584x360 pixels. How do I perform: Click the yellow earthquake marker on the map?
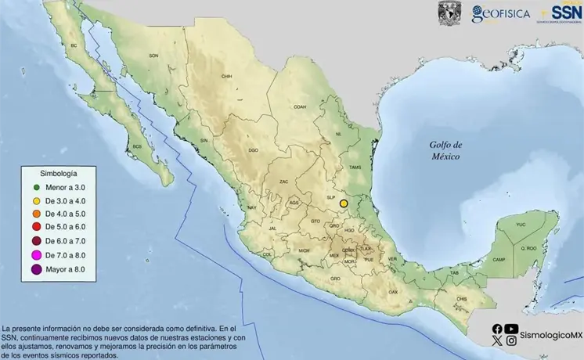coord(343,203)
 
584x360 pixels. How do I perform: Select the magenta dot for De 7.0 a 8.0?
coord(36,255)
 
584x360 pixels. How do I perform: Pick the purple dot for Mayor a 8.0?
coord(36,269)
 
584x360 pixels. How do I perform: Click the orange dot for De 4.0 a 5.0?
coord(36,214)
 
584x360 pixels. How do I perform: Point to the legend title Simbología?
coord(58,172)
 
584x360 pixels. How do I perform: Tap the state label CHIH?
coord(228,76)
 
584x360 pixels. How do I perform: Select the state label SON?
coord(153,56)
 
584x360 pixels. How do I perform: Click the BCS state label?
coord(138,146)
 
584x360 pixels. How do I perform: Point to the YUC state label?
coord(521,225)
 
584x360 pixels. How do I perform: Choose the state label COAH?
coord(299,107)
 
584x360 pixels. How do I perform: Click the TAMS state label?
coord(355,167)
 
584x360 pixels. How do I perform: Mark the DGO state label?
coord(253,149)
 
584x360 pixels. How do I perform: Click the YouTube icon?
coord(511,329)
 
